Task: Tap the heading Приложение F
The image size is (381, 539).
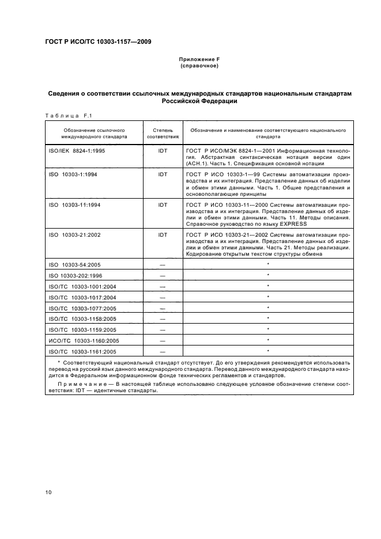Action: [199, 60]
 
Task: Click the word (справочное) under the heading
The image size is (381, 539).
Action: [199, 66]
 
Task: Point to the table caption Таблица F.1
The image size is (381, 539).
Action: [65, 115]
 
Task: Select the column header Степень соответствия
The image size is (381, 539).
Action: [162, 134]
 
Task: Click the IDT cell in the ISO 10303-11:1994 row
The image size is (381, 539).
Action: [162, 204]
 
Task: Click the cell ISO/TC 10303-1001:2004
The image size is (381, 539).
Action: [82, 286]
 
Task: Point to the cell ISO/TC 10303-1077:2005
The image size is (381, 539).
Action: [82, 308]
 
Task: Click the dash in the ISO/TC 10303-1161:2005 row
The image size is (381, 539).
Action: [162, 351]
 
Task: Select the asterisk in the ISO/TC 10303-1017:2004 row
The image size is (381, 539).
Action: [269, 297]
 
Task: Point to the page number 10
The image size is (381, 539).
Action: [48, 492]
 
